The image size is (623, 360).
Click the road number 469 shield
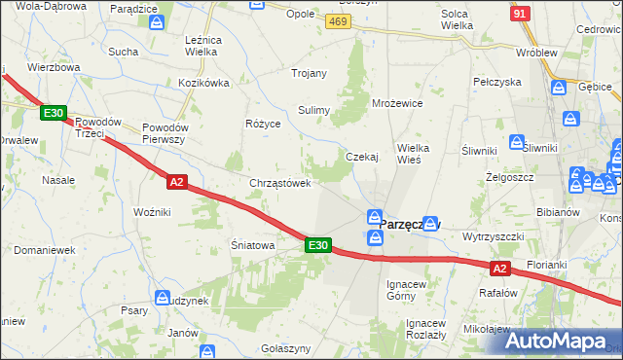pyautogui.click(x=338, y=20)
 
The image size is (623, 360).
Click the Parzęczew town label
pyautogui.click(x=409, y=224)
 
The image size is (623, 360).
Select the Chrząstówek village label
pyautogui.click(x=280, y=182)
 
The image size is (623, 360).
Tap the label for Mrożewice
pyautogui.click(x=397, y=102)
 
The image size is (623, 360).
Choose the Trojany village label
pyautogui.click(x=309, y=73)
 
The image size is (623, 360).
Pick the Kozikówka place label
pyautogui.click(x=203, y=83)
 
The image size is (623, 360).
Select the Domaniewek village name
pyautogui.click(x=45, y=250)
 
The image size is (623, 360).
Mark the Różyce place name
pyautogui.click(x=264, y=125)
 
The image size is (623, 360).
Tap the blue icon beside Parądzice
pyautogui.click(x=157, y=21)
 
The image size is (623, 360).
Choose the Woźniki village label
pyautogui.click(x=152, y=211)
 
